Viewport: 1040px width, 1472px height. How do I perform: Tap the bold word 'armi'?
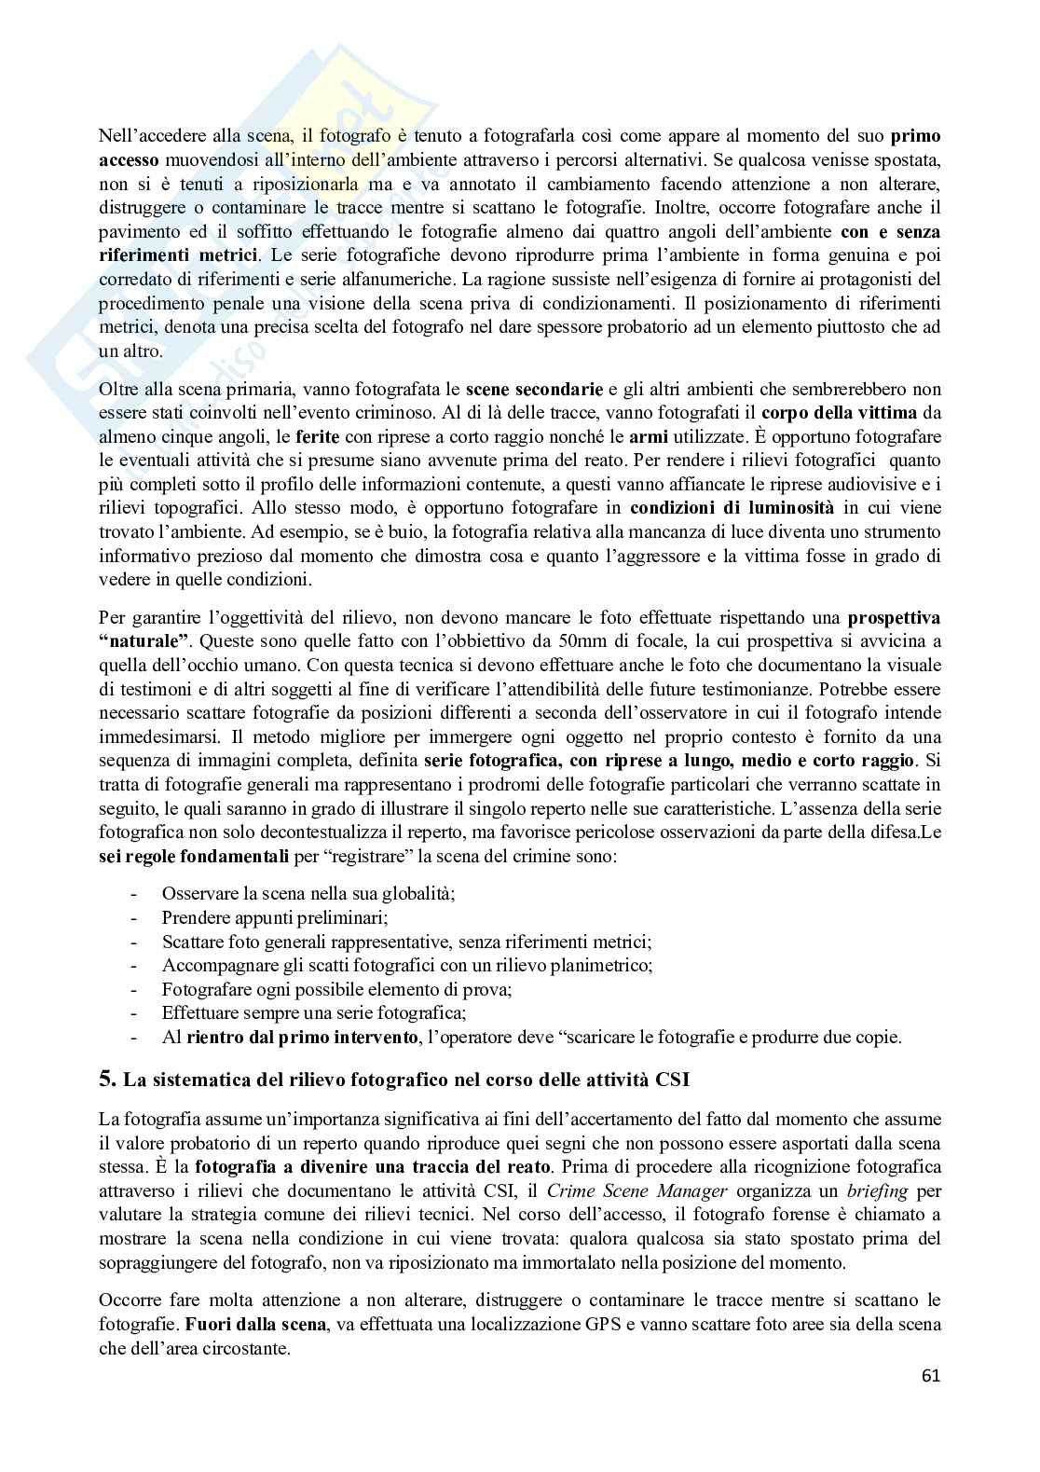coord(650,436)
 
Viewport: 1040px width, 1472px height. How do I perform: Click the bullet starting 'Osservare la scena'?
coord(308,893)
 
